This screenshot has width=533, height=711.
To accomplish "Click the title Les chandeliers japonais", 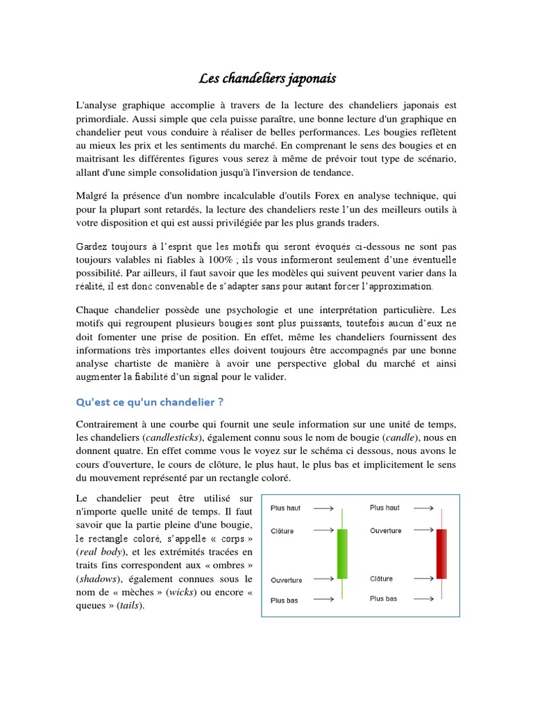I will click(266, 78).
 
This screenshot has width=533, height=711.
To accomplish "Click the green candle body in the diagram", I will click(341, 553).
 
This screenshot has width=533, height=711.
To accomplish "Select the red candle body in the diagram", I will click(441, 553).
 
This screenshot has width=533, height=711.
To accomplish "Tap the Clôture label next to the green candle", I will click(282, 531).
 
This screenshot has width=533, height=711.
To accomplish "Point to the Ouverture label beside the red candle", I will click(385, 530).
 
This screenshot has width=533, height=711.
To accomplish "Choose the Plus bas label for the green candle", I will click(284, 601).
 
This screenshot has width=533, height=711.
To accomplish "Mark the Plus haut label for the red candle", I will click(384, 508).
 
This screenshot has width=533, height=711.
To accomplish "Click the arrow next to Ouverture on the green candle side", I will click(323, 579).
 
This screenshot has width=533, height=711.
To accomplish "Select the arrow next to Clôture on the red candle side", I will click(423, 578).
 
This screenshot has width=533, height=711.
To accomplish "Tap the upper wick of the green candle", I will click(341, 517).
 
